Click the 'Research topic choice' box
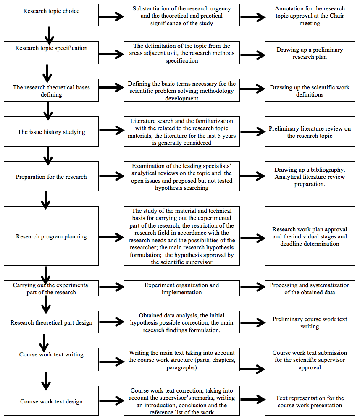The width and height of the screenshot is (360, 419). pyautogui.click(x=51, y=15)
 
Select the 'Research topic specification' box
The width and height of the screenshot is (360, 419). pyautogui.click(x=51, y=52)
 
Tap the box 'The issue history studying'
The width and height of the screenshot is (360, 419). pyautogui.click(x=51, y=131)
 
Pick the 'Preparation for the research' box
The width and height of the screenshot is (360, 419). pyautogui.click(x=51, y=176)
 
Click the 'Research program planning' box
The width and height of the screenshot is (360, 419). pyautogui.click(x=51, y=236)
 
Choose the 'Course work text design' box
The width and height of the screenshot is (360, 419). pyautogui.click(x=51, y=401)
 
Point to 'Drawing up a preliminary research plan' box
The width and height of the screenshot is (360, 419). pyautogui.click(x=310, y=52)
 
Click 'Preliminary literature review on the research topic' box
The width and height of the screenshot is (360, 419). pyautogui.click(x=310, y=131)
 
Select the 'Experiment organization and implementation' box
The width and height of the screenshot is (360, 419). pyautogui.click(x=181, y=288)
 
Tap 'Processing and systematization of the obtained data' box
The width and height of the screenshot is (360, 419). pyautogui.click(x=310, y=288)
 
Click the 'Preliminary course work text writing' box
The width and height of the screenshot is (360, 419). pyautogui.click(x=310, y=322)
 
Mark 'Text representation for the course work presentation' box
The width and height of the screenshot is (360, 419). pyautogui.click(x=310, y=401)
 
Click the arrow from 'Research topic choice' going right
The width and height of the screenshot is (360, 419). pyautogui.click(x=111, y=16)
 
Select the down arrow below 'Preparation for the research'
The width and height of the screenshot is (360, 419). pyautogui.click(x=45, y=200)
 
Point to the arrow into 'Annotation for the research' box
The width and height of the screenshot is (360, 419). pyautogui.click(x=253, y=17)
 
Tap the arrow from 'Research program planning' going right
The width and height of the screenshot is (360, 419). pyautogui.click(x=111, y=237)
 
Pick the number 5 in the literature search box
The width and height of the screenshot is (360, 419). pyautogui.click(x=219, y=136)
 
